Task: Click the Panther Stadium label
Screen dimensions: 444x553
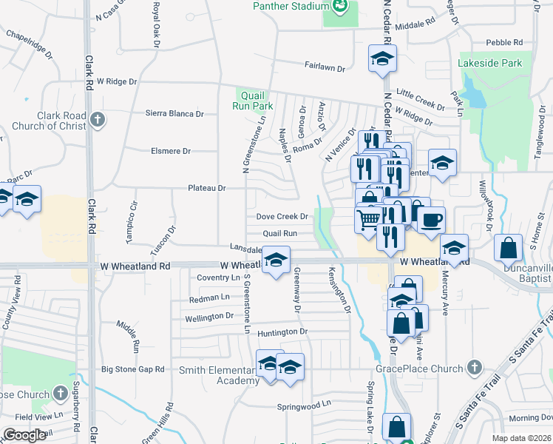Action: click(x=290, y=6)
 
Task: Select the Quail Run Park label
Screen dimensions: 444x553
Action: click(x=254, y=99)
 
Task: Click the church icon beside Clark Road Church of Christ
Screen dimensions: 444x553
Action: click(x=97, y=119)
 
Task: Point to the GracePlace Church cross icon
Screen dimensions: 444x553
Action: click(x=475, y=368)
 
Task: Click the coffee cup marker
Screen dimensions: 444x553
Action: click(x=432, y=219)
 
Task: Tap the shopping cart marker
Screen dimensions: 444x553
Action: click(x=368, y=218)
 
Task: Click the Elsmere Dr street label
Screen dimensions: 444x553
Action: click(x=171, y=151)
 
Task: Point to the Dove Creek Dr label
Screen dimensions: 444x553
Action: click(x=281, y=217)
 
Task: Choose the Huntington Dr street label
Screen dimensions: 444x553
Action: click(x=282, y=332)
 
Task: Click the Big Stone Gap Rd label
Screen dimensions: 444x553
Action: click(x=132, y=369)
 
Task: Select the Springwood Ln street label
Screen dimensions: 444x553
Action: click(x=304, y=406)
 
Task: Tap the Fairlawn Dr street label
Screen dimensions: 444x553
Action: click(x=325, y=67)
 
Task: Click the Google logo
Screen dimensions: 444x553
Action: click(x=24, y=435)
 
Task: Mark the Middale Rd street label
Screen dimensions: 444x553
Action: click(x=413, y=25)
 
